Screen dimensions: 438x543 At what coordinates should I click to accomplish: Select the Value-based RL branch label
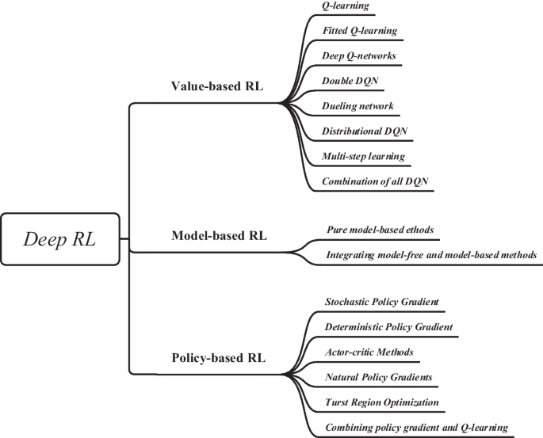pyautogui.click(x=218, y=86)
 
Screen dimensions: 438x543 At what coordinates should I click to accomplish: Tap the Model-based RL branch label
pyautogui.click(x=220, y=235)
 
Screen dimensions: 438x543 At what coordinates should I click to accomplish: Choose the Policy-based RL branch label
pyautogui.click(x=219, y=357)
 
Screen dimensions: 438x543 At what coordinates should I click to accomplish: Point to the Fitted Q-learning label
pyautogui.click(x=359, y=31)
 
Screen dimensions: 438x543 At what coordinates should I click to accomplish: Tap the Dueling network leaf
pyautogui.click(x=358, y=106)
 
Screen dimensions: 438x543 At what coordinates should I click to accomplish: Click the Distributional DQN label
pyautogui.click(x=365, y=131)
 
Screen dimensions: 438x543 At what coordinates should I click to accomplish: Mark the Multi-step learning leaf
pyautogui.click(x=363, y=156)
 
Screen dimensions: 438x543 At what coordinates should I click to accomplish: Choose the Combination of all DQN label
pyautogui.click(x=375, y=181)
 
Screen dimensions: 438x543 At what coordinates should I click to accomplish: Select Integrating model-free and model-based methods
pyautogui.click(x=432, y=255)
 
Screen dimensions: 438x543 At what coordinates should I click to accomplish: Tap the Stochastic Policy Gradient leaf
pyautogui.click(x=382, y=302)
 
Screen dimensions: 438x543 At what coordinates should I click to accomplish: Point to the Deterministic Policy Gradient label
pyautogui.click(x=388, y=327)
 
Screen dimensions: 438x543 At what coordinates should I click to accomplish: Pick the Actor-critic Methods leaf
pyautogui.click(x=369, y=352)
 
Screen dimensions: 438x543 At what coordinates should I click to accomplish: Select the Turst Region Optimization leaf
pyautogui.click(x=382, y=402)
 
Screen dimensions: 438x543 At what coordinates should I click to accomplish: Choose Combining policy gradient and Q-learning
pyautogui.click(x=416, y=428)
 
